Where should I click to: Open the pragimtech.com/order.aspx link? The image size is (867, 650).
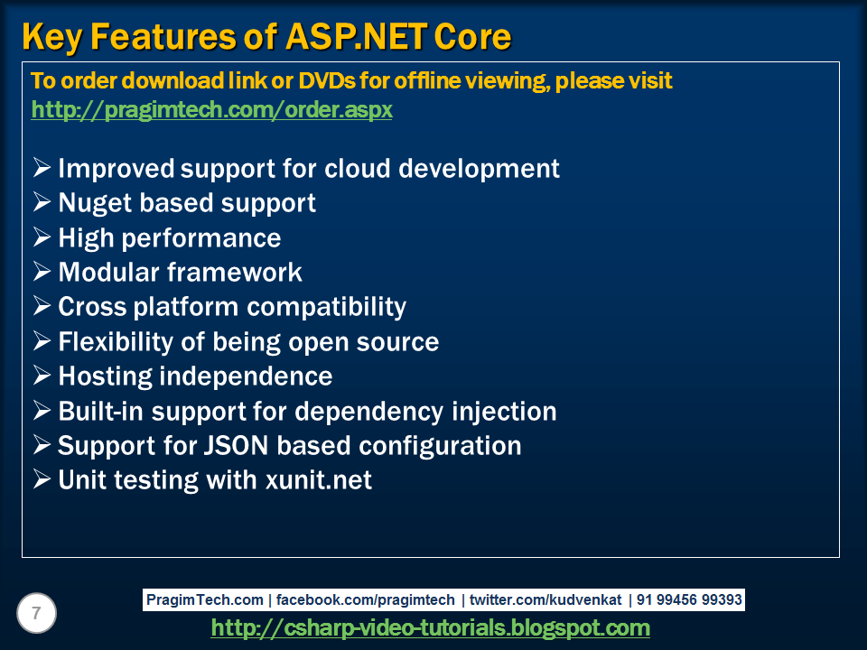tap(211, 110)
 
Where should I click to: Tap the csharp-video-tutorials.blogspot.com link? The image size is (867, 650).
tap(430, 628)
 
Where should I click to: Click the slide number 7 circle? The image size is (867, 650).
tap(36, 613)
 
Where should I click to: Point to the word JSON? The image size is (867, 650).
tap(236, 445)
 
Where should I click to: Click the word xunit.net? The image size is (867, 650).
tap(319, 479)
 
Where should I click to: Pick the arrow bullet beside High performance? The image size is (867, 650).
tap(42, 237)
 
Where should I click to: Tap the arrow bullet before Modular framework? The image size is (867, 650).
tap(42, 271)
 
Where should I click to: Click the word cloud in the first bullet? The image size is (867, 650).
tap(358, 168)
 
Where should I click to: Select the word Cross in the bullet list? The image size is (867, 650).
tap(92, 307)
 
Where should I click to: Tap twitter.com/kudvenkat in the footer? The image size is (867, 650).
tap(545, 599)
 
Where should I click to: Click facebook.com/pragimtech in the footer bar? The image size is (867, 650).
tap(365, 599)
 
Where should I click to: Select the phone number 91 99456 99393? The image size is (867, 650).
tap(689, 599)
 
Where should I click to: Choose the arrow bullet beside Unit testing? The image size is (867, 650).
tap(42, 478)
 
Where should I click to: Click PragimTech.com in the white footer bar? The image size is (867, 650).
tap(205, 599)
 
